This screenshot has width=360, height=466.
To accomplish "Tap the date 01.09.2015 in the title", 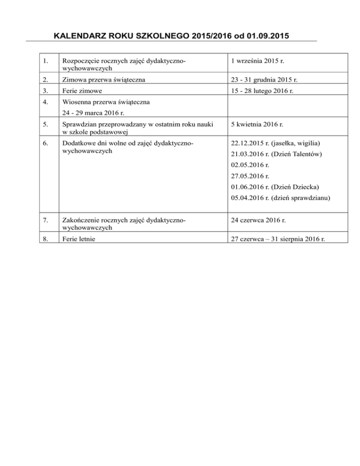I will pyautogui.click(x=255, y=36).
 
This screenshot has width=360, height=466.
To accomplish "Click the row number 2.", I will pyautogui.click(x=44, y=80).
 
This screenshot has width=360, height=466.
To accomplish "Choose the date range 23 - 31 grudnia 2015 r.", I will pyautogui.click(x=265, y=80).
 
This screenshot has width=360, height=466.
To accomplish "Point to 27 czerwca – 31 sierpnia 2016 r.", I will pyautogui.click(x=285, y=238).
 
